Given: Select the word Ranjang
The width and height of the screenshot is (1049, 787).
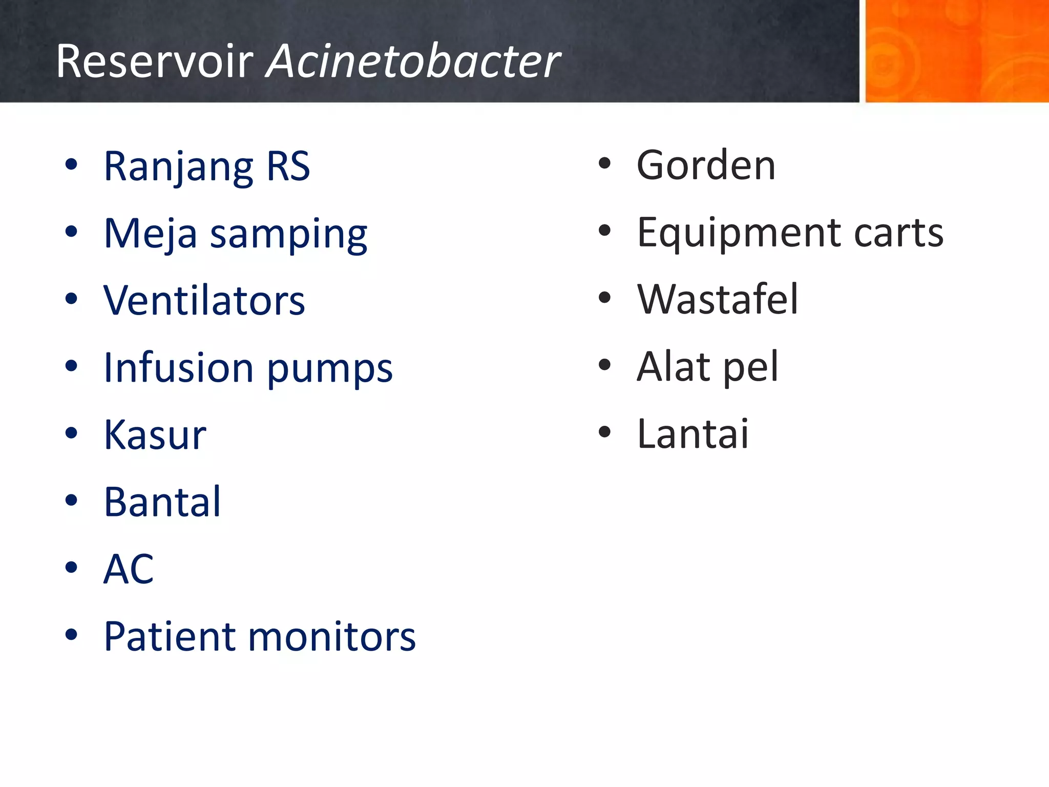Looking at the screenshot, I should click(178, 167).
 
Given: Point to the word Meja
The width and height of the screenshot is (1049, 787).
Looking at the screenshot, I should click(150, 234).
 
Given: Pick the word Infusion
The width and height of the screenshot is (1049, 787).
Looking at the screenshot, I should click(178, 367).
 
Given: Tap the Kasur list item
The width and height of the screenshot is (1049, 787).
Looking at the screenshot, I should click(155, 434).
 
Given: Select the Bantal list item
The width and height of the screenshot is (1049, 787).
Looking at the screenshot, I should click(162, 502).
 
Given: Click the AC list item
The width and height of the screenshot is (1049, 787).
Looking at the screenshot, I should click(129, 569).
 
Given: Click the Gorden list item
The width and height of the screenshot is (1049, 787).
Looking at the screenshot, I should click(706, 165).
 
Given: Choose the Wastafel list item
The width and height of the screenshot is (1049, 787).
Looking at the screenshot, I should click(717, 299).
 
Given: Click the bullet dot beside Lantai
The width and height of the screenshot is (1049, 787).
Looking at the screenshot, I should click(605, 432).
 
